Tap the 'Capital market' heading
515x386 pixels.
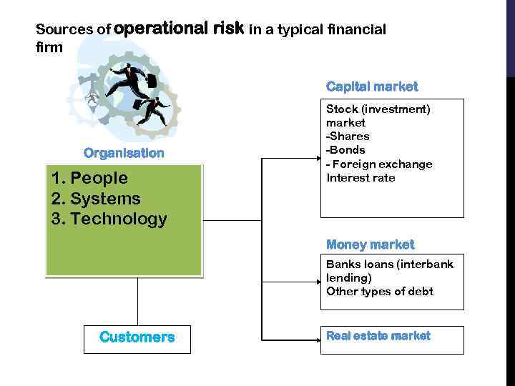pos(372,86)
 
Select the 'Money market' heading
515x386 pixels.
pos(370,244)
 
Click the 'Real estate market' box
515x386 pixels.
pos(391,340)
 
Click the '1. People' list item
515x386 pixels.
pos(89,178)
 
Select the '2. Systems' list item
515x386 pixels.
pos(96,199)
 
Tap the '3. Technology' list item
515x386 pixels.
pos(109,219)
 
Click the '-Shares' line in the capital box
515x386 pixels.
pos(348,137)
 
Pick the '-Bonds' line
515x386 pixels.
pos(345,150)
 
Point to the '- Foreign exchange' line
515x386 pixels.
pos(379,164)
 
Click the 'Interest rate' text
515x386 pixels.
pos(360,177)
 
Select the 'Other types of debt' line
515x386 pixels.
pos(379,291)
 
